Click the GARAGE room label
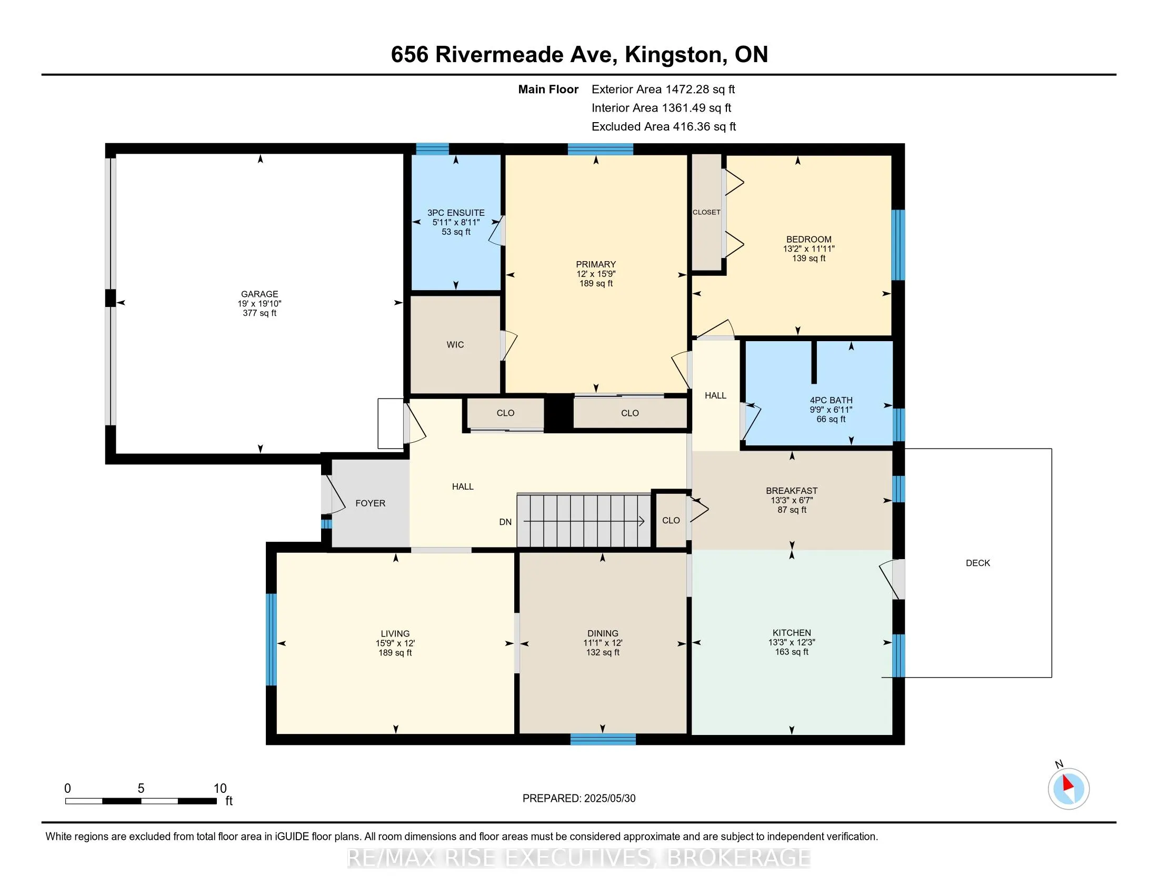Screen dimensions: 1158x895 pos(259,294)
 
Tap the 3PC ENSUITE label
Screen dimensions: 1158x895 pos(456,213)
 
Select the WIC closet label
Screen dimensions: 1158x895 pos(455,345)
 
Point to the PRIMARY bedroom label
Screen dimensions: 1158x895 pos(596,264)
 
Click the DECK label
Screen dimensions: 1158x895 pos(978,563)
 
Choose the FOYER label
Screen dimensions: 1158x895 pos(370,503)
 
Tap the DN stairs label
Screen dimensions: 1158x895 pos(505,522)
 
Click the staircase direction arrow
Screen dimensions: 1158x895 pos(584,521)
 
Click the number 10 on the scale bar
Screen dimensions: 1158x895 pos(219,789)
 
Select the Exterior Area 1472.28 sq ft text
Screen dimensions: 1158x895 pos(663,89)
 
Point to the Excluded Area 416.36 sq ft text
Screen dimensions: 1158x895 pos(664,126)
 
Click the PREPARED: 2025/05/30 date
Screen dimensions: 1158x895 pos(579,799)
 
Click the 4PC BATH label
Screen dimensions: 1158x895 pos(831,400)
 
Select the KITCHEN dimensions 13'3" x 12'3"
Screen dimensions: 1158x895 pos(792,642)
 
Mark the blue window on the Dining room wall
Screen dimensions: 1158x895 pos(603,739)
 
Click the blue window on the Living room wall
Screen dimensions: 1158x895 pos(271,640)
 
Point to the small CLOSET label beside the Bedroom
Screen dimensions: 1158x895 pos(706,212)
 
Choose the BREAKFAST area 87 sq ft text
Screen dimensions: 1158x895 pos(792,510)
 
